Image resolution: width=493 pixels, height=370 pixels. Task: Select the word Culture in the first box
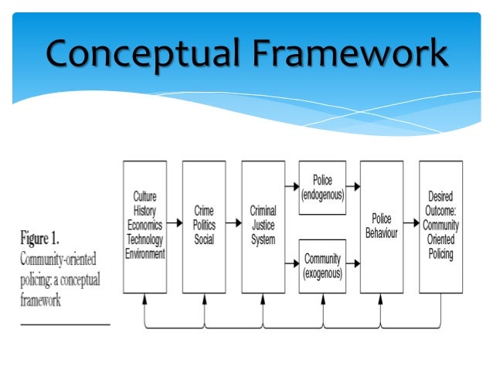tap(144, 197)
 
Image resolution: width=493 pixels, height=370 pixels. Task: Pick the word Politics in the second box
tap(204, 225)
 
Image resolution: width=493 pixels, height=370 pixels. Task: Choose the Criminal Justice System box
tap(263, 226)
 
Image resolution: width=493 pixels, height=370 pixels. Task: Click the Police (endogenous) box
tap(322, 186)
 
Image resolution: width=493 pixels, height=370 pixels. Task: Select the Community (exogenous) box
tap(322, 265)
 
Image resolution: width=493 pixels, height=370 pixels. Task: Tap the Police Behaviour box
tap(382, 226)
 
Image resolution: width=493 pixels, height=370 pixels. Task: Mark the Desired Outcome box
tap(441, 226)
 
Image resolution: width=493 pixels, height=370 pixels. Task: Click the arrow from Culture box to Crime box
tap(174, 226)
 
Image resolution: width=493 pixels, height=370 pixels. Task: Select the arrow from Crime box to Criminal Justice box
tap(233, 226)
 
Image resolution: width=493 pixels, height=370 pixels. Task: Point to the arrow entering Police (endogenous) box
tap(292, 186)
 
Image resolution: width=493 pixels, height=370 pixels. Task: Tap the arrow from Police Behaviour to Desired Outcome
tap(411, 226)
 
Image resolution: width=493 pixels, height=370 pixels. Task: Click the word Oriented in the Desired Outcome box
tap(441, 241)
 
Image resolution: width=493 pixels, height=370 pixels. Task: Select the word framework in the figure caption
tap(39, 301)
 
